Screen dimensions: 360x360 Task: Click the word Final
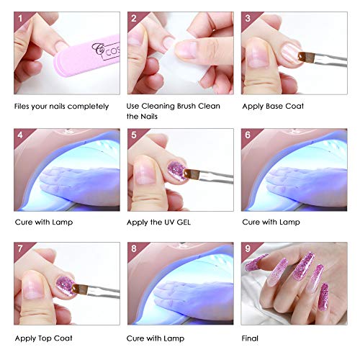coord(251,337)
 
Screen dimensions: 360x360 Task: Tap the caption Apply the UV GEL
coord(159,222)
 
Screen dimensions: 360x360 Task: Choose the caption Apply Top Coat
coord(42,337)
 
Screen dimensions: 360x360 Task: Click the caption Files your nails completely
coord(61,107)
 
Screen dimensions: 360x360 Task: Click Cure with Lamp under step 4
coord(42,222)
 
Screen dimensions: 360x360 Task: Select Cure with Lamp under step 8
coord(157,337)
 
